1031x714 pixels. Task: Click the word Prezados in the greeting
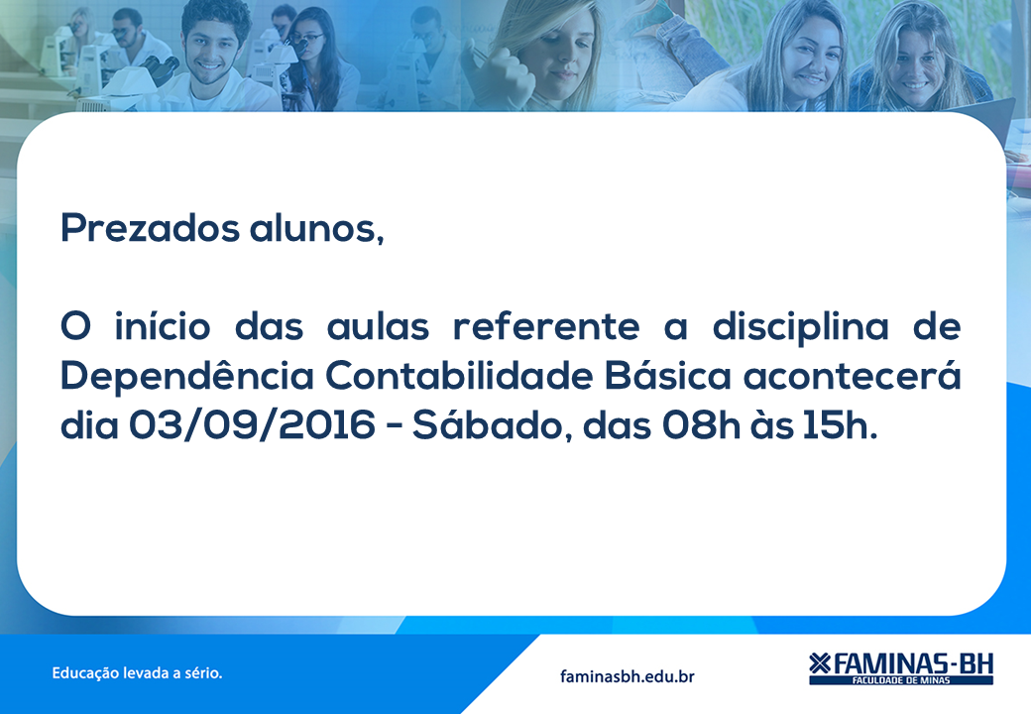point(150,227)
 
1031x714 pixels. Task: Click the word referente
point(546,327)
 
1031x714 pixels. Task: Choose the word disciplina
point(800,327)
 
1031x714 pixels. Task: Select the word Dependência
point(186,376)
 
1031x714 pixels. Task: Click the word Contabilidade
point(459,376)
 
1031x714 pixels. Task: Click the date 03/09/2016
point(252,424)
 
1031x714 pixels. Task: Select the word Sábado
point(487,424)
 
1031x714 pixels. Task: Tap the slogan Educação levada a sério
point(137,673)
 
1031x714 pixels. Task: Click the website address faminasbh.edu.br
point(628,676)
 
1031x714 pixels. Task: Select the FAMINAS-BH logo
point(901,668)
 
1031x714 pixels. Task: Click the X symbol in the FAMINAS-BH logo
point(820,663)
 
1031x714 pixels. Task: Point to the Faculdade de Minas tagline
point(901,680)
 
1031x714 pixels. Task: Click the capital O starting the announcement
point(75,327)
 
